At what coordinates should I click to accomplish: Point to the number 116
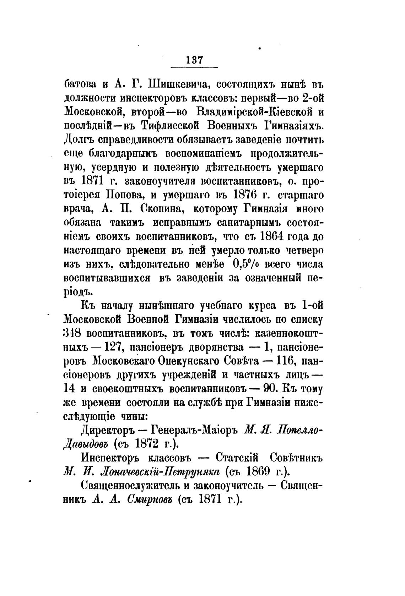click(x=290, y=361)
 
